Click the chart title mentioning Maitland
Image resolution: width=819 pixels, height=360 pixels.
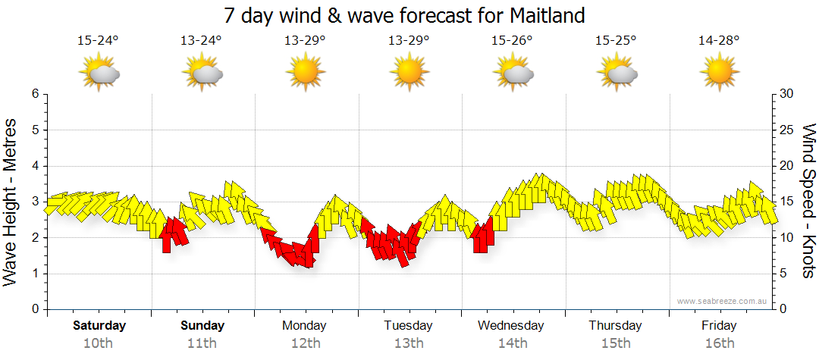[404, 15]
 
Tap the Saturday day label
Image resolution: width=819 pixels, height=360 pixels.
[99, 326]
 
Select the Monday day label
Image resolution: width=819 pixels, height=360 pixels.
[304, 326]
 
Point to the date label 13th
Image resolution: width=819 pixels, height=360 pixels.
[408, 343]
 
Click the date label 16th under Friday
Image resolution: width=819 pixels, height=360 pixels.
[719, 343]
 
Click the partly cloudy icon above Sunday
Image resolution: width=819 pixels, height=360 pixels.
[202, 74]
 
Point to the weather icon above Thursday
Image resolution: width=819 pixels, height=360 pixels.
[616, 74]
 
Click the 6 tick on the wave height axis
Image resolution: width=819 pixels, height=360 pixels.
[35, 94]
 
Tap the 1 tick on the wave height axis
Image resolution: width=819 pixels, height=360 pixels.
[35, 274]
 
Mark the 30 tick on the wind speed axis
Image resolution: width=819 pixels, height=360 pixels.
[787, 94]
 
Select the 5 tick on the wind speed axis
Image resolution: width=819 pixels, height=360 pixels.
[784, 274]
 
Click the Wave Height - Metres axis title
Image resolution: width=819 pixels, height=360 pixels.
[11, 202]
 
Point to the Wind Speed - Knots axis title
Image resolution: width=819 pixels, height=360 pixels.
[808, 202]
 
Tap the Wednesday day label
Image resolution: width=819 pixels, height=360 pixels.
[511, 326]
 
